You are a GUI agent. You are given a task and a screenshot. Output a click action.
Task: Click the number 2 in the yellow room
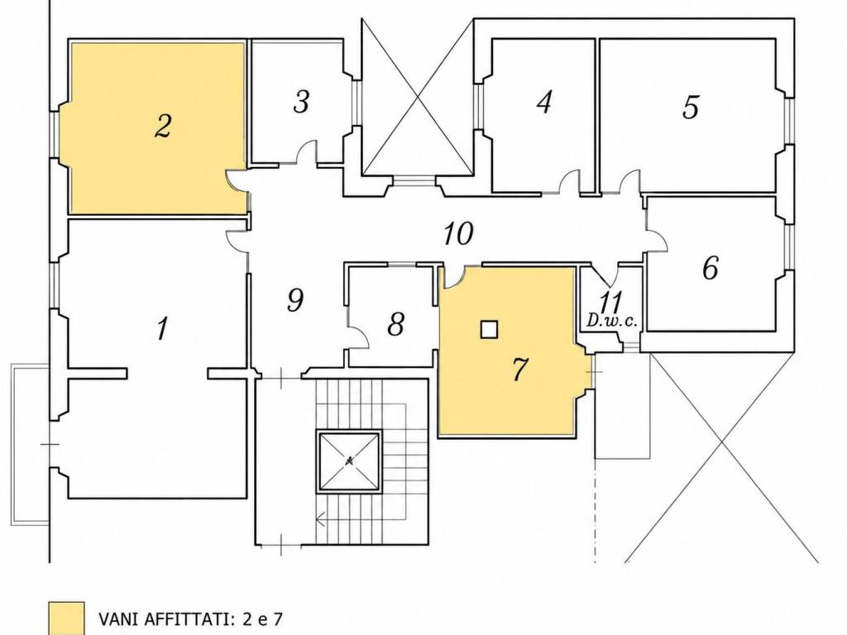(163, 127)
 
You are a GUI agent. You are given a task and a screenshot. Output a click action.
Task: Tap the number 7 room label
(519, 370)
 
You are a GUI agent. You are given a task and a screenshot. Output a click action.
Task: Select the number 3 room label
(301, 102)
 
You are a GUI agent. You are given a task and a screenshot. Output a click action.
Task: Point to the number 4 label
(544, 102)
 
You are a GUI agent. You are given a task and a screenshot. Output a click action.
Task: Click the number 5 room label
(691, 107)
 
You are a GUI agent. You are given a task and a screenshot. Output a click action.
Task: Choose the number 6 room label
(711, 267)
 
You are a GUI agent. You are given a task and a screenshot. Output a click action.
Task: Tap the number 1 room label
(162, 327)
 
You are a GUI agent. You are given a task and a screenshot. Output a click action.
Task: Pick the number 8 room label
(396, 324)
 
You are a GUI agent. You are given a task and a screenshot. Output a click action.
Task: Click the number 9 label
(295, 300)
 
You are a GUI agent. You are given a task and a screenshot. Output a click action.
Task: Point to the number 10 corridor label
(458, 233)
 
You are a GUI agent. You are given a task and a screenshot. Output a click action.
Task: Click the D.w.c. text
(612, 322)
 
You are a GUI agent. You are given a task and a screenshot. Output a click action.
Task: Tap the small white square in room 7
(489, 329)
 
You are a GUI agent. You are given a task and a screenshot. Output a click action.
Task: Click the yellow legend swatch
(66, 618)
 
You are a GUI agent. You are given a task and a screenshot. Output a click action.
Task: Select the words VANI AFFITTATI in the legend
(160, 618)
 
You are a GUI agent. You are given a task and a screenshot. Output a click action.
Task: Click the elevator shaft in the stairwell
(350, 461)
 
